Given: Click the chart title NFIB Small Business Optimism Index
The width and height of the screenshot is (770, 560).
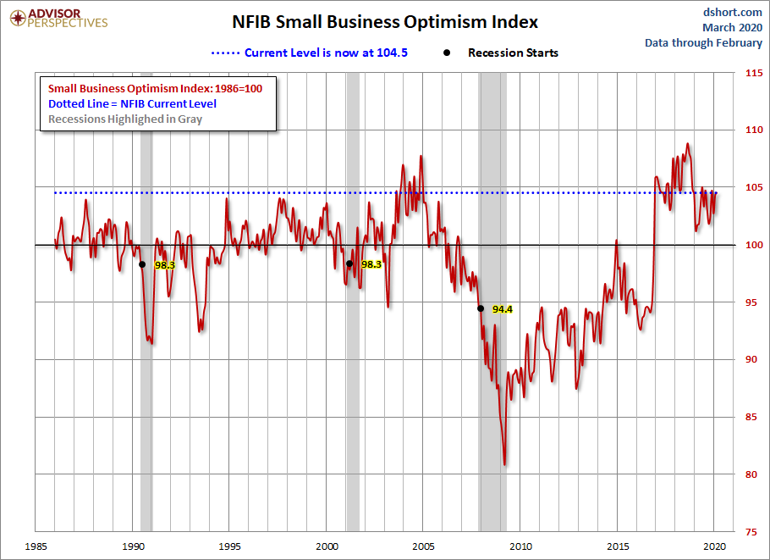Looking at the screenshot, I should coord(385,22).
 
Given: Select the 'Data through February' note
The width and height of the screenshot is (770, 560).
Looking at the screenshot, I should coord(703,42).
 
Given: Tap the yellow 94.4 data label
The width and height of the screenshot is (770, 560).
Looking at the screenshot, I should coord(503,309).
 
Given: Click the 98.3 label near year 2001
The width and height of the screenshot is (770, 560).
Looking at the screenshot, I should coord(371,264).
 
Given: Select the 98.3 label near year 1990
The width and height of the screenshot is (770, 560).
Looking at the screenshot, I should coord(164,264).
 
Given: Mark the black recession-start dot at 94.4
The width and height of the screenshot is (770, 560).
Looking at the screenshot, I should coord(480,308).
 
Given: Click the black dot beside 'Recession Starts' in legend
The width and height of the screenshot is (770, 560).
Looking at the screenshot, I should coord(446,53).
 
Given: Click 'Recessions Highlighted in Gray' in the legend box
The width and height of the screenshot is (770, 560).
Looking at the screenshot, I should coord(125,119).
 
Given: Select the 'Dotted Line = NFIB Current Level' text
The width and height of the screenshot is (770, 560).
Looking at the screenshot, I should coord(132,103).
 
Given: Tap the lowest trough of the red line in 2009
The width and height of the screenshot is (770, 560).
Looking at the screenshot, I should coord(505,463).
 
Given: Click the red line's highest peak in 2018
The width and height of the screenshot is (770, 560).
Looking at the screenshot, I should coord(687,144).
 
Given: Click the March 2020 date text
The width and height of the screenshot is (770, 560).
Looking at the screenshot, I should coord(732,27).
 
